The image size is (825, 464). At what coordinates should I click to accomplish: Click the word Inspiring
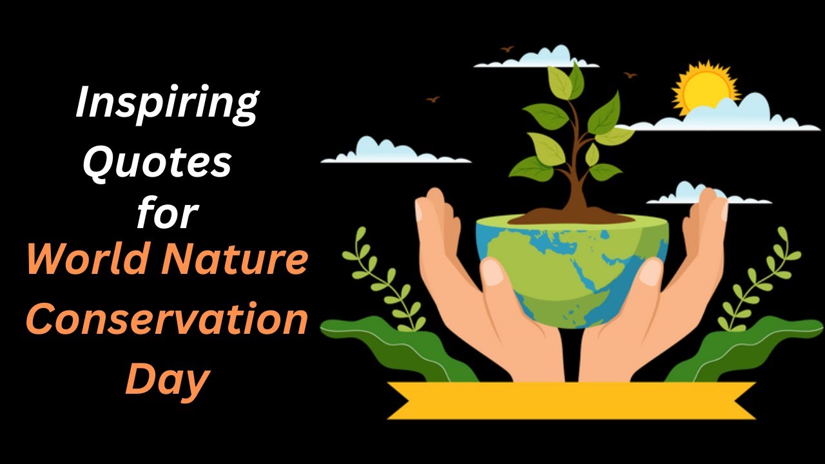coord(166,104)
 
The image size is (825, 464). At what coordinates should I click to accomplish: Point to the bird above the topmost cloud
coord(507,49)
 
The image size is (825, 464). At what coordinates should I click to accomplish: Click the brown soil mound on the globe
coord(570,216)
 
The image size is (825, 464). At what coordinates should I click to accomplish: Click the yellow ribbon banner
coord(571,400)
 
